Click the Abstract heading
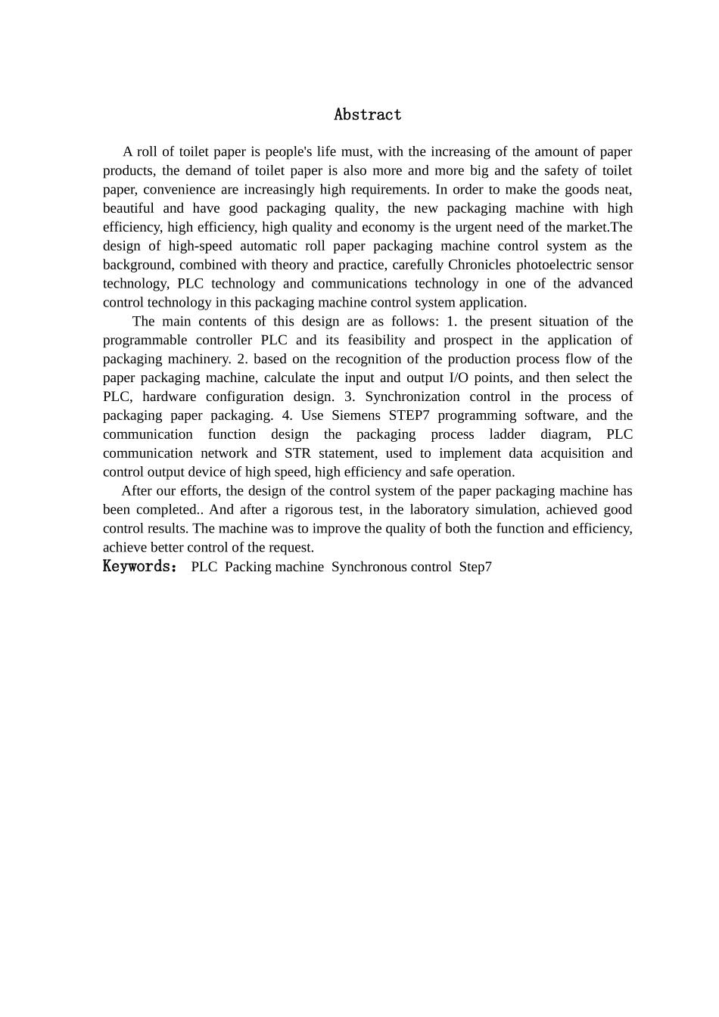coord(368,114)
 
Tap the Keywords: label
coord(140,567)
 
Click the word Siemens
coord(356,415)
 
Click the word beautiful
coord(129,208)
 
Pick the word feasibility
coord(376,340)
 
